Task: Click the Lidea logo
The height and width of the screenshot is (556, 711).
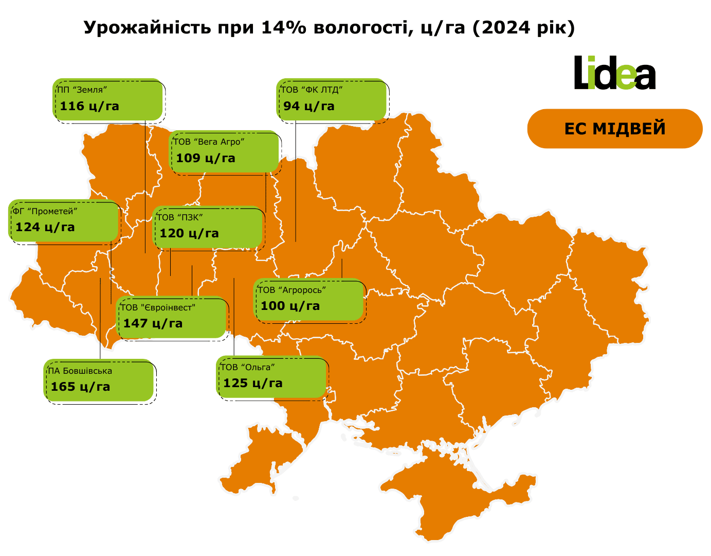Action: tap(614, 73)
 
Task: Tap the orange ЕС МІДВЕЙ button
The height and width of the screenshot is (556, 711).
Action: tap(614, 129)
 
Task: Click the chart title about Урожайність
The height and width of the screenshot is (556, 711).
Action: tap(329, 28)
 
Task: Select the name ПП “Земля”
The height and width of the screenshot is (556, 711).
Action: tap(82, 90)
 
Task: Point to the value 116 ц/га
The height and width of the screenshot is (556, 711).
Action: tap(89, 107)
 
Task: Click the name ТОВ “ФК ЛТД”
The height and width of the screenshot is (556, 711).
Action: tap(312, 90)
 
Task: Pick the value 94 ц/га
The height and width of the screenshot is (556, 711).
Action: tap(309, 107)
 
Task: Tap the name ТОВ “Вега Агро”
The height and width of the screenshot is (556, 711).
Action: tap(208, 142)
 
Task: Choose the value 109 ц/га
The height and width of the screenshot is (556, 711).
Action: tap(206, 159)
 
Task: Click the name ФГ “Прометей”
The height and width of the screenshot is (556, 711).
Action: tap(45, 212)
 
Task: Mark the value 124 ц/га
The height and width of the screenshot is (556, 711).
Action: tap(45, 228)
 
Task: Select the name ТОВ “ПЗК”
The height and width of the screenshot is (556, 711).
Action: tap(180, 218)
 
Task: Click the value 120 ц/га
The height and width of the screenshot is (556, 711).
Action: tap(189, 234)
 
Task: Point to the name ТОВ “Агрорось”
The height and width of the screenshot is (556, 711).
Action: tap(291, 290)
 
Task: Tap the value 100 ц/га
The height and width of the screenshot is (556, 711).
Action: tap(290, 306)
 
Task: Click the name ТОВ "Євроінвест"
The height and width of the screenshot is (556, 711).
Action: tap(157, 308)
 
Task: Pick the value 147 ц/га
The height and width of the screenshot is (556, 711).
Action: tap(153, 324)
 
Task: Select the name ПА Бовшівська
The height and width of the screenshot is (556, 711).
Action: tap(80, 371)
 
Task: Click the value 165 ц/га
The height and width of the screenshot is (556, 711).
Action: tap(80, 387)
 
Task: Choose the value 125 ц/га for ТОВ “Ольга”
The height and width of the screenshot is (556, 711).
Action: tap(253, 384)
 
